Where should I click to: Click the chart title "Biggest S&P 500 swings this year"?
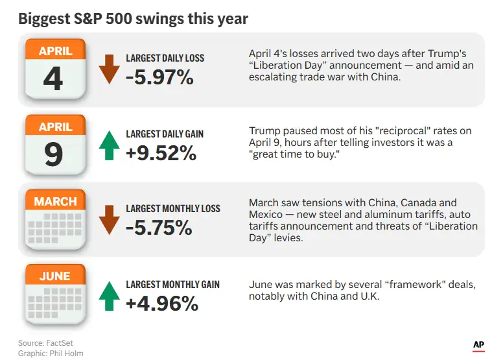(133, 18)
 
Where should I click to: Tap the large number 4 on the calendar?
(53, 78)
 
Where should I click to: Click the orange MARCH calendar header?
(56, 202)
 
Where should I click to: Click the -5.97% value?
(159, 78)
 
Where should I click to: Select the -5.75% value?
(159, 228)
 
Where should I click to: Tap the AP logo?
(478, 346)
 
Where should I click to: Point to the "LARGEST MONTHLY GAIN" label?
(172, 284)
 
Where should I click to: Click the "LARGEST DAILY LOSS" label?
(165, 58)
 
